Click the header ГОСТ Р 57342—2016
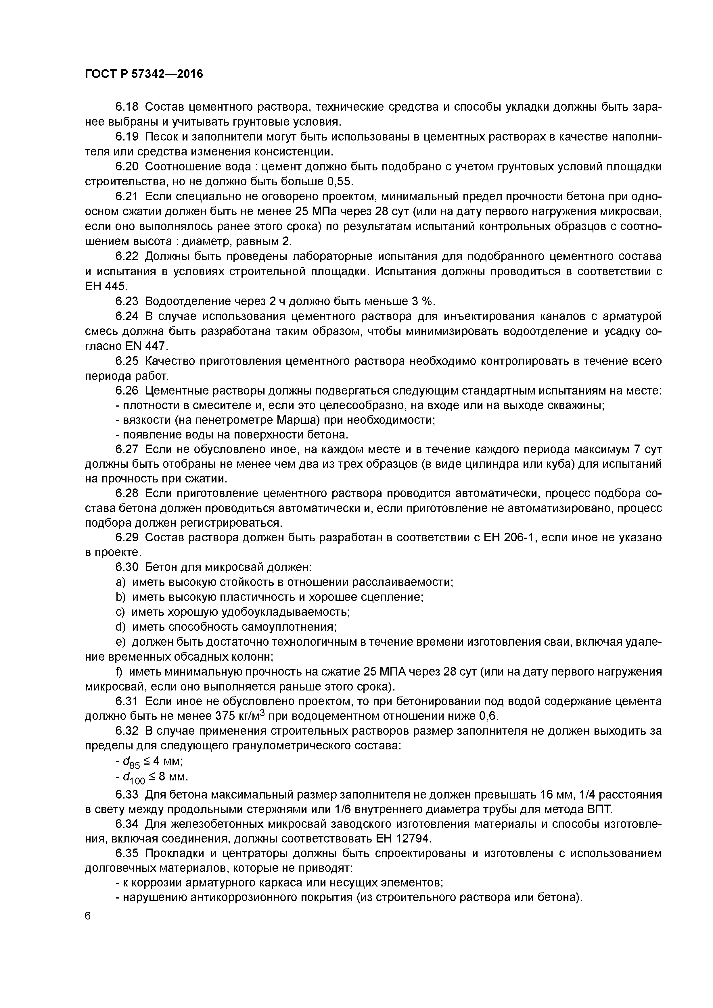click(x=144, y=74)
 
